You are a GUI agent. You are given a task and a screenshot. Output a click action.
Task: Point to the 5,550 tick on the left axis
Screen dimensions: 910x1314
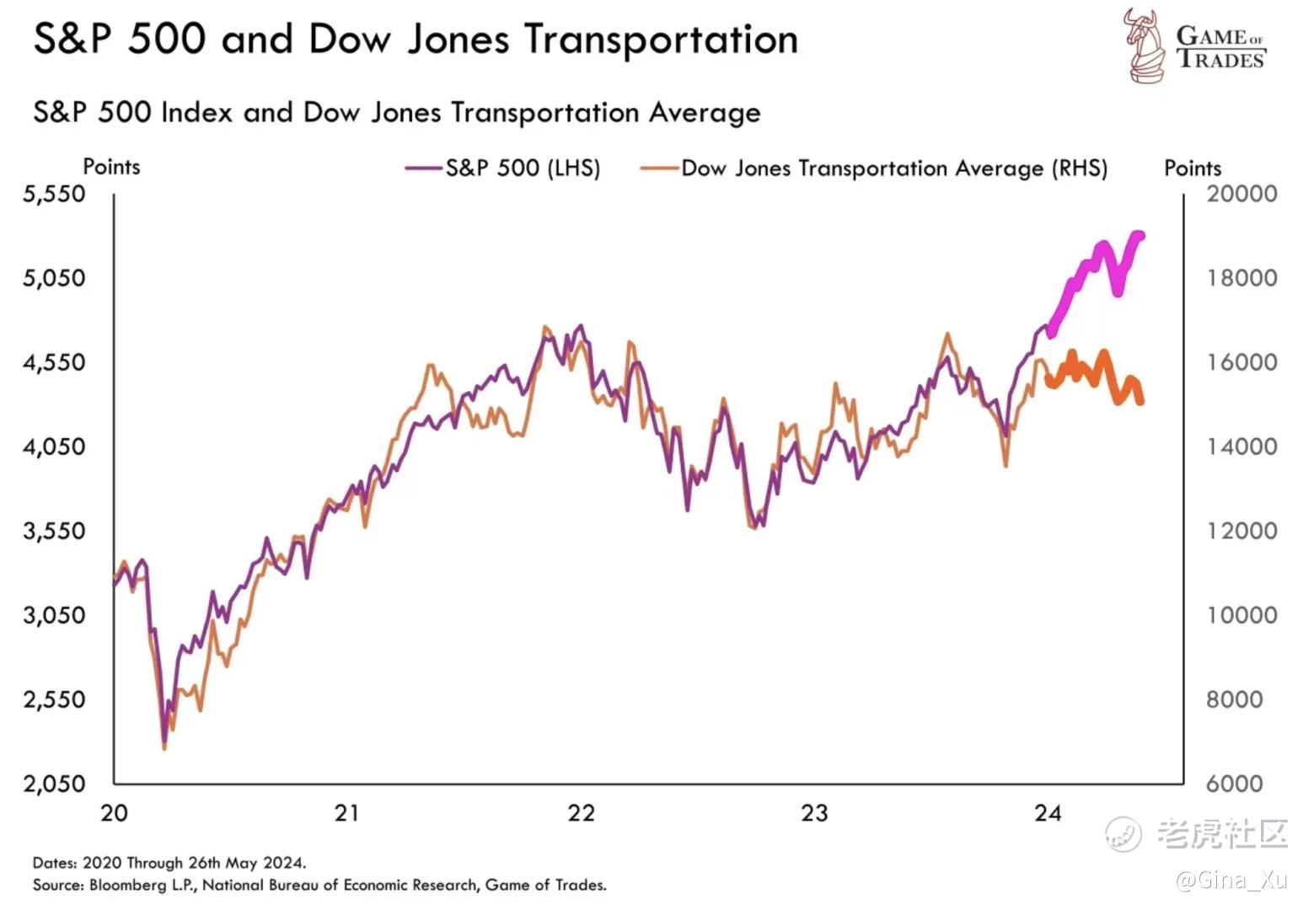click(54, 194)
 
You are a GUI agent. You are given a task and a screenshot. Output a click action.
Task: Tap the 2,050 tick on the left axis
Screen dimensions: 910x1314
click(54, 784)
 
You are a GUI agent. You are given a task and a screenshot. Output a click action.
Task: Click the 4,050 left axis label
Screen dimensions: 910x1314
click(54, 447)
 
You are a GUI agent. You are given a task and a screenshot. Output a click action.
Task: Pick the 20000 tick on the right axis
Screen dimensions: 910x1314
click(1242, 194)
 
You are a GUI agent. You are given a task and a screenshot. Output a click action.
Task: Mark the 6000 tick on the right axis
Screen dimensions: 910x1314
click(1234, 784)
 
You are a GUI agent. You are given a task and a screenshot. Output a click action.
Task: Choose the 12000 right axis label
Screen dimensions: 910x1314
click(1242, 531)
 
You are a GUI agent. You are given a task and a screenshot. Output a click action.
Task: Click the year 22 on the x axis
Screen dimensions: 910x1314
click(581, 813)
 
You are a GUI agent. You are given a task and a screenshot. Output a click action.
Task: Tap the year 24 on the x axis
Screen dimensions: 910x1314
click(1048, 813)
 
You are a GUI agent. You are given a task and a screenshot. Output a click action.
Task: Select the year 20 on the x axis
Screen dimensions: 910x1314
click(114, 813)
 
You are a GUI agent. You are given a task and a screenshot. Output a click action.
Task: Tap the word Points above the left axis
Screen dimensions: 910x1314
click(111, 167)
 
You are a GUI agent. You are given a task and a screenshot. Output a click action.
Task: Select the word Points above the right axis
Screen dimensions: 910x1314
click(1192, 168)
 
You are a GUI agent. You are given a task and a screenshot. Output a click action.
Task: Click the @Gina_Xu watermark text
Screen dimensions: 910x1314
click(1231, 881)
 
